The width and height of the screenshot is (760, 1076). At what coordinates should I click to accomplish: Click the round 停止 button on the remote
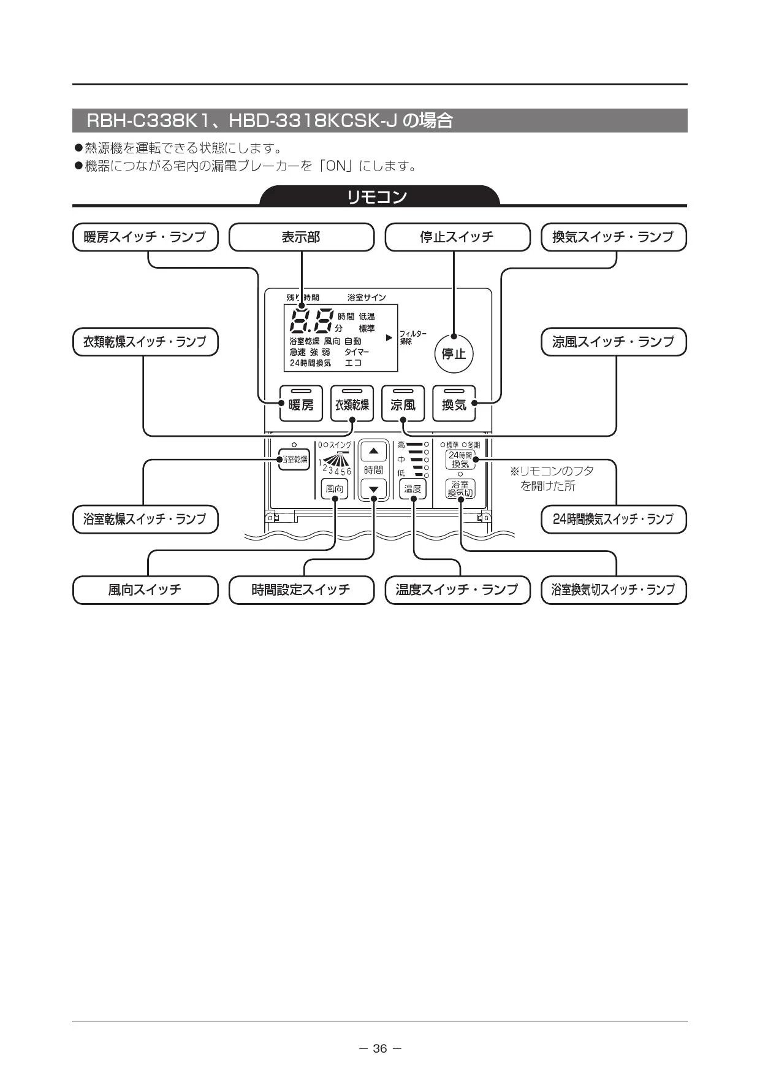tap(454, 353)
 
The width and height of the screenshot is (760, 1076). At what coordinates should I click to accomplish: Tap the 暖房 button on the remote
tap(301, 403)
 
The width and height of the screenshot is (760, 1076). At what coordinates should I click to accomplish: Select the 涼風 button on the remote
tap(403, 403)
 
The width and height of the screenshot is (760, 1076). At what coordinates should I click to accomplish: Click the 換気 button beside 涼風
tap(454, 403)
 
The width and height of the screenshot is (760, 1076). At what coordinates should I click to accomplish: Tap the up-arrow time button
tap(374, 452)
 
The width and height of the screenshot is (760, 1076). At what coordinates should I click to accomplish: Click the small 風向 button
tap(335, 489)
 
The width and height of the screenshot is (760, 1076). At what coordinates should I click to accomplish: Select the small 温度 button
tap(413, 489)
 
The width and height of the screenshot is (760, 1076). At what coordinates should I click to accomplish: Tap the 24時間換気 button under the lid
tap(460, 459)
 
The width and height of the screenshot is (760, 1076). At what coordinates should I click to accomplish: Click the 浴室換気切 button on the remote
tap(460, 488)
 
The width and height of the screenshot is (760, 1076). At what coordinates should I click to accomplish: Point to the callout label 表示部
tap(301, 237)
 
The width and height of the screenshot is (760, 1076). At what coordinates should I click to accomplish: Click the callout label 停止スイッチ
tap(457, 237)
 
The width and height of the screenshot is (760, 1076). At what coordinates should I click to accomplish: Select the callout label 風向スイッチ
tap(145, 590)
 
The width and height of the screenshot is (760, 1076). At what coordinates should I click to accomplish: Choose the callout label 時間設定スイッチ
tap(301, 590)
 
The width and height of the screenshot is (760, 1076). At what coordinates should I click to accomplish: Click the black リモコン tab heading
tap(379, 196)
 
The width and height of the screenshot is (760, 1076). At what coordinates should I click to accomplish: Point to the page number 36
tap(380, 1048)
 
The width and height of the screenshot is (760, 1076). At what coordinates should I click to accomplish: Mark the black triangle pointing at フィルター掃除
tap(389, 337)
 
